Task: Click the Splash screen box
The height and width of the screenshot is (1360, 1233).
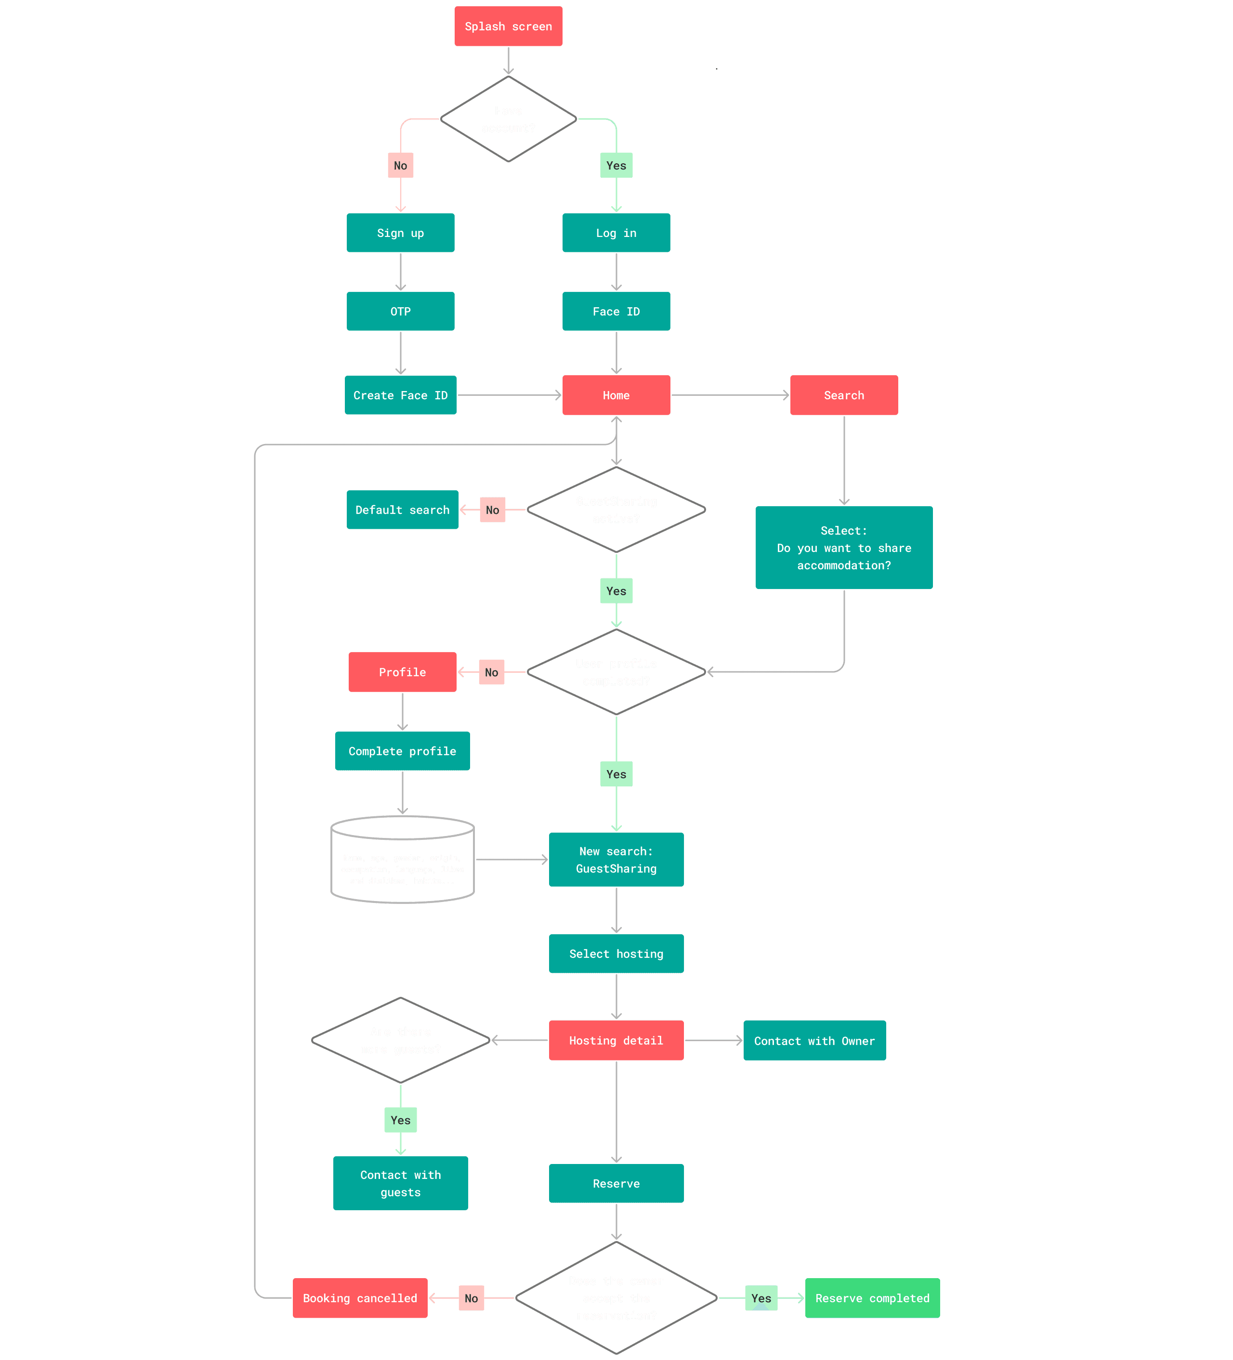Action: point(508,26)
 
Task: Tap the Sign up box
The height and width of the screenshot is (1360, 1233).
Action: point(400,233)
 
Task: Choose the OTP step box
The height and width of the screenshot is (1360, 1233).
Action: point(400,311)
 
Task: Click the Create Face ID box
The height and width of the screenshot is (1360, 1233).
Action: point(400,395)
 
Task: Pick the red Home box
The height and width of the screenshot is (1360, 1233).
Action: point(616,395)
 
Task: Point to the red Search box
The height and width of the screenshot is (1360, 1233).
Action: point(844,395)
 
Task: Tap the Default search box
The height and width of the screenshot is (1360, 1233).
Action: point(402,510)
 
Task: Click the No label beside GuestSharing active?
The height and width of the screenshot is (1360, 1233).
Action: point(492,510)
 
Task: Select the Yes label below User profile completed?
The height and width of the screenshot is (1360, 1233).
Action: point(616,774)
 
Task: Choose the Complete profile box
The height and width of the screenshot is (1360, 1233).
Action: point(402,751)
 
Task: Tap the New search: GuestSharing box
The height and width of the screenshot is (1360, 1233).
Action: point(616,860)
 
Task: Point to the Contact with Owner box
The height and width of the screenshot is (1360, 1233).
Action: point(814,1040)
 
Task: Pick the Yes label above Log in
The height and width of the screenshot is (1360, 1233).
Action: point(616,165)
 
